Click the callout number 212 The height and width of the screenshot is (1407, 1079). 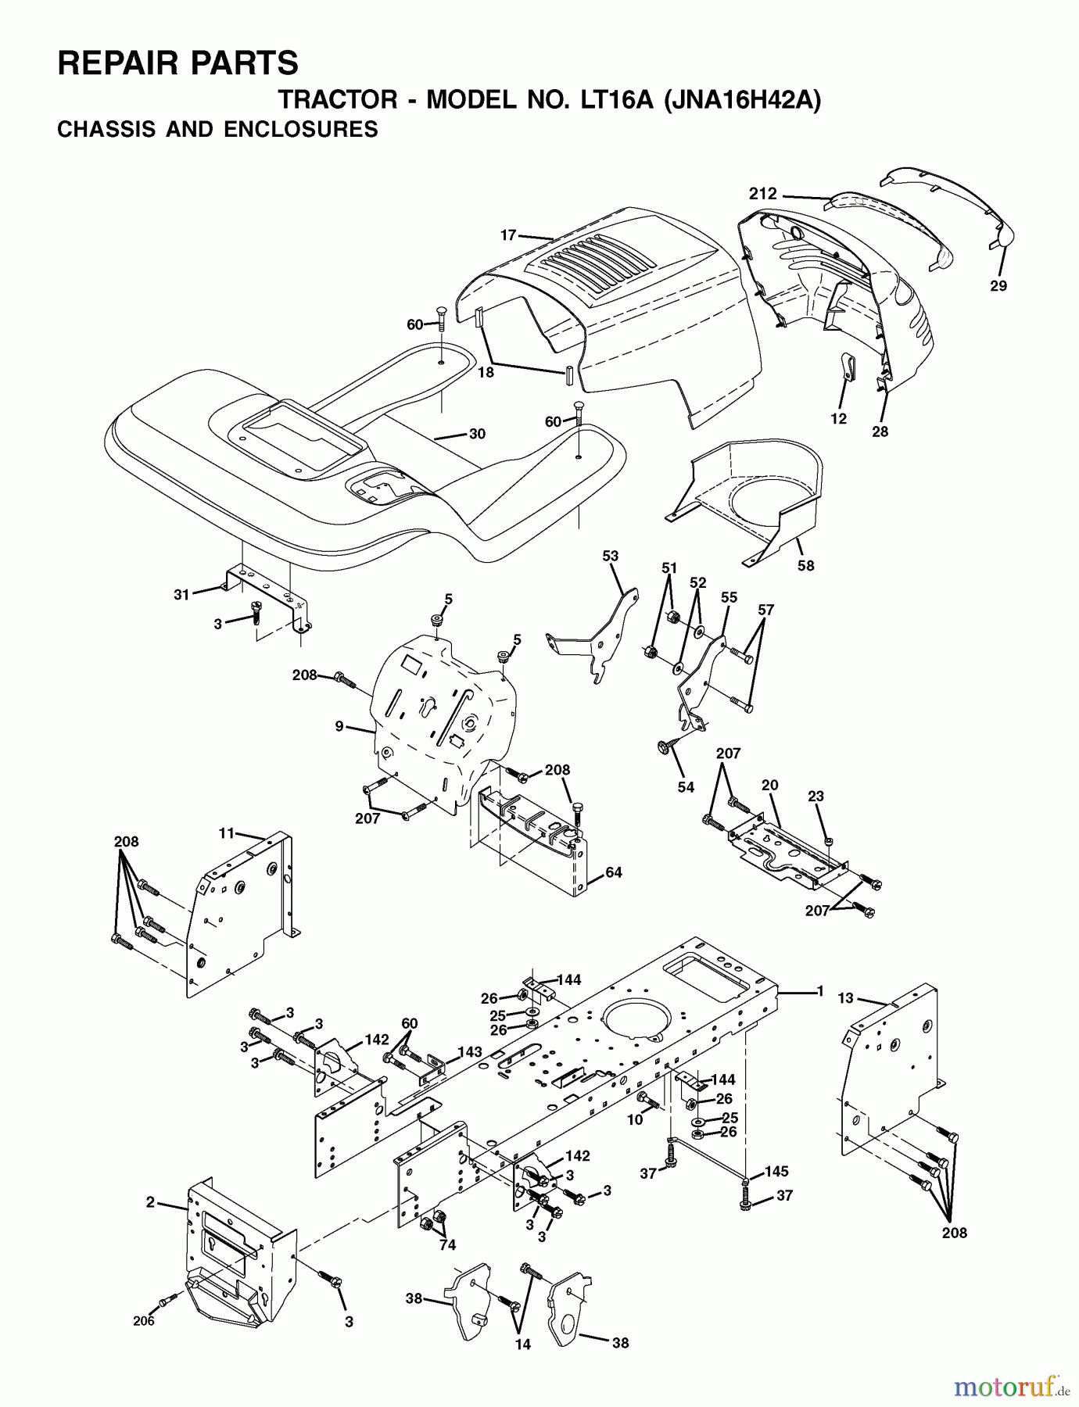[x=762, y=194]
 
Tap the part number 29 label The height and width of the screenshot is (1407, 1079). [x=998, y=286]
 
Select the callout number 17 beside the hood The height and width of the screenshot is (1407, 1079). [x=508, y=234]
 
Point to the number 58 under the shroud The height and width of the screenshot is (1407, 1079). [x=805, y=564]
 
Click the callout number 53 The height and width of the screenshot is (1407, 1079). [x=610, y=556]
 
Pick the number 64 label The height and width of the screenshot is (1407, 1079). [x=614, y=872]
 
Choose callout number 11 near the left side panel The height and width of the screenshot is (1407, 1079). [x=227, y=833]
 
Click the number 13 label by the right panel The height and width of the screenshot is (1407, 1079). [x=845, y=998]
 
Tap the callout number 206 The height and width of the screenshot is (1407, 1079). [x=143, y=1320]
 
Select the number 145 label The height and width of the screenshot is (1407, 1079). [x=776, y=1171]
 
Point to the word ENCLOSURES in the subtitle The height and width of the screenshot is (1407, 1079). [x=301, y=129]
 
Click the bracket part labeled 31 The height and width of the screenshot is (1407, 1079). [x=266, y=586]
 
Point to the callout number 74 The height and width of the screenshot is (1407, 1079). [x=447, y=1245]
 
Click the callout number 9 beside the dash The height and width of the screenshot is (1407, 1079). [x=339, y=726]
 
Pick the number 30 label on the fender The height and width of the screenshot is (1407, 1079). [x=477, y=434]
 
